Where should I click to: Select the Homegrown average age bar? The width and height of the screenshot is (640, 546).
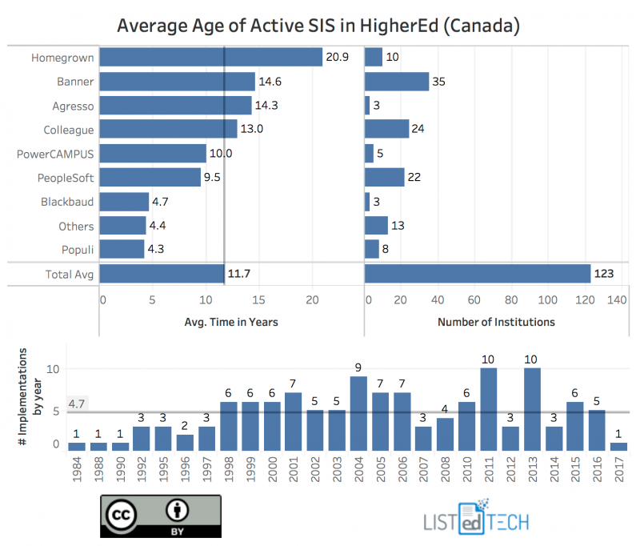(x=211, y=58)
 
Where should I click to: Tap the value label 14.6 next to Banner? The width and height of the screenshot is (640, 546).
(x=270, y=82)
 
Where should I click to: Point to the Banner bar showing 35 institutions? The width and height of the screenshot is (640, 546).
(x=397, y=82)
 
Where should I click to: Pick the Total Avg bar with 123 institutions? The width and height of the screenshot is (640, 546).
(x=478, y=275)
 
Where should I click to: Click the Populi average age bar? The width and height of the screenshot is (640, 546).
(x=122, y=250)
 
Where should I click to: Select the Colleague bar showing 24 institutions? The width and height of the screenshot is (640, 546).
(x=386, y=130)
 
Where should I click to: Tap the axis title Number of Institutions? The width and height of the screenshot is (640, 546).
(x=496, y=322)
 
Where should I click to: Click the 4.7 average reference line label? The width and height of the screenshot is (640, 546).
(x=77, y=404)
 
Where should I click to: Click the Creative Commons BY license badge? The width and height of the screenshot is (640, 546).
(x=160, y=516)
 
